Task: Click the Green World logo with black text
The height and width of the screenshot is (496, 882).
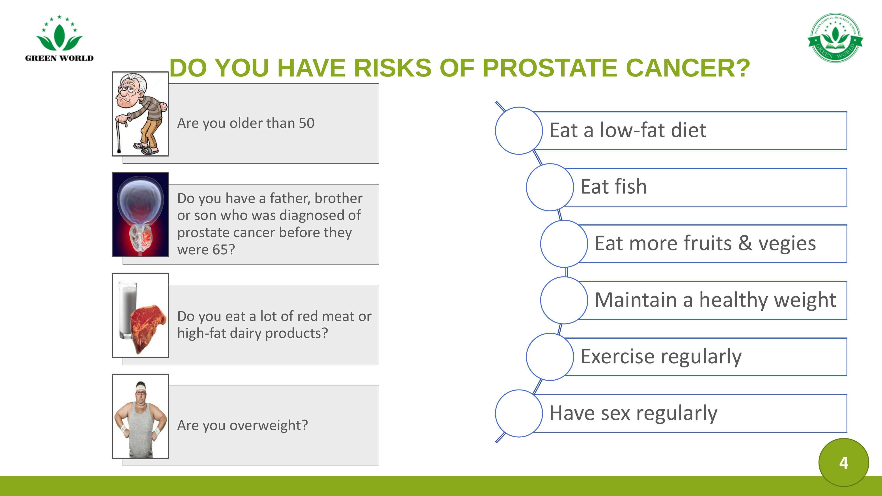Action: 59,38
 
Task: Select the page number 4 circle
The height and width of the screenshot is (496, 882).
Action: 844,462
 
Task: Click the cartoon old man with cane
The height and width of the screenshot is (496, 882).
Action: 140,114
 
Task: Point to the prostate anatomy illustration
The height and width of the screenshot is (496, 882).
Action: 140,215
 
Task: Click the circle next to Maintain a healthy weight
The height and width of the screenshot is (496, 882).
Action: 564,300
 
